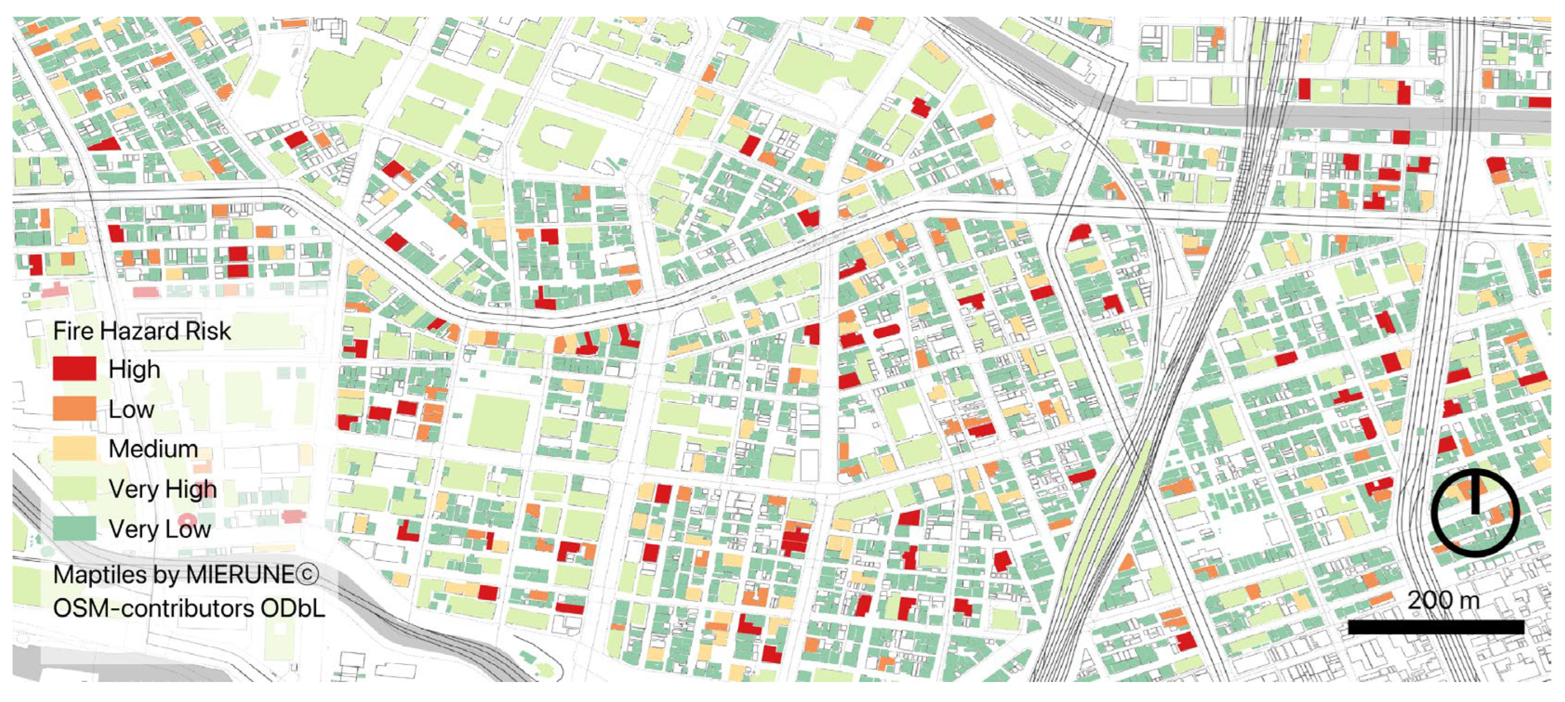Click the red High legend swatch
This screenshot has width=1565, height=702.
coord(74,368)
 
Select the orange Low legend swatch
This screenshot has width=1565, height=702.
coord(74,408)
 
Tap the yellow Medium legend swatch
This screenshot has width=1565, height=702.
coord(74,449)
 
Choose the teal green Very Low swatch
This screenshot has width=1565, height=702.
coord(74,528)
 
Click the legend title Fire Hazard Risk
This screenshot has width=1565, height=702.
coord(141,331)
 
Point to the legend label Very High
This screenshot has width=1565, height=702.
coord(162,489)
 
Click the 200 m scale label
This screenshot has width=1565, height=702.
coord(1443,601)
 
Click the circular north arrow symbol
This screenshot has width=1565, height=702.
coord(1475,512)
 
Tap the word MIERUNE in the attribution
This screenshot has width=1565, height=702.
coord(239,574)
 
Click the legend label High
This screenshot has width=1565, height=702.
coord(134,369)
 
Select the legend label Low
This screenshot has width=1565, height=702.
coord(131,409)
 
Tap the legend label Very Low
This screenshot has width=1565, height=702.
coord(159,529)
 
